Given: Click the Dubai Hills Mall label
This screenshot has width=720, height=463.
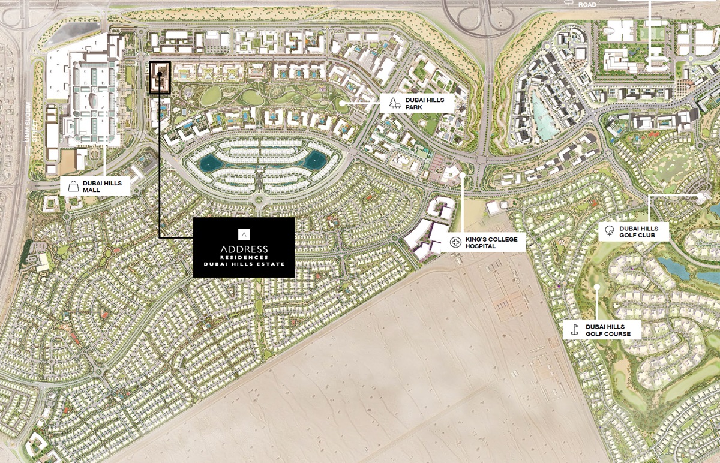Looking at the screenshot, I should point(101,186).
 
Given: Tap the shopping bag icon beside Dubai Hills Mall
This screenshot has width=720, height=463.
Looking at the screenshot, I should point(73,186).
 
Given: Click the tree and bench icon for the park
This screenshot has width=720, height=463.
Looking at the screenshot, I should point(394,103).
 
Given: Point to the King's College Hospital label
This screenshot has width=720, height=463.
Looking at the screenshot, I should point(486,242).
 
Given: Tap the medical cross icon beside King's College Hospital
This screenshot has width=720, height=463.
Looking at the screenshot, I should point(454,242).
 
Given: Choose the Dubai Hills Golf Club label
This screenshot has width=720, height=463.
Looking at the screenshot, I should point(638,232).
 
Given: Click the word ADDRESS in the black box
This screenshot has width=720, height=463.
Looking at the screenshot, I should point(244,249).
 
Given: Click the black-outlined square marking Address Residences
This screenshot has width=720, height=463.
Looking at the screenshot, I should point(160,77).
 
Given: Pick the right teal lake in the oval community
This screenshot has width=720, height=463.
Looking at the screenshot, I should point(314,160).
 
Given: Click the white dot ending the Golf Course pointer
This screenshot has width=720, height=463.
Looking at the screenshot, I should point(597,286).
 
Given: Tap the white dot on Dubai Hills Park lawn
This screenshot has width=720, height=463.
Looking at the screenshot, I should point(341,103).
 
